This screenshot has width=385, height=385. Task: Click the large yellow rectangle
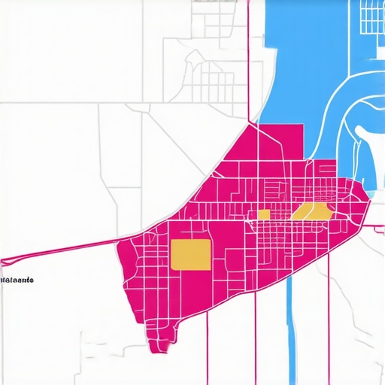pyautogui.click(x=191, y=254)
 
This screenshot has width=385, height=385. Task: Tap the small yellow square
pyautogui.click(x=264, y=214)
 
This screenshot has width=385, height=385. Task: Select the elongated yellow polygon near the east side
pyautogui.click(x=312, y=211)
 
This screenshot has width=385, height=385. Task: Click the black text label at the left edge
pyautogui.click(x=17, y=280)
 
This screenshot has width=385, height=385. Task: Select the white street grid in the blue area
pyautogui.click(x=371, y=17)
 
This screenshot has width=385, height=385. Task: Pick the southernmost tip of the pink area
pyautogui.click(x=156, y=350)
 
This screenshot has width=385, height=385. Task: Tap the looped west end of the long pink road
pyautogui.click(x=5, y=262)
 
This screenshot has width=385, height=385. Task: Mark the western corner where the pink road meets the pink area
pyautogui.click(x=120, y=242)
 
